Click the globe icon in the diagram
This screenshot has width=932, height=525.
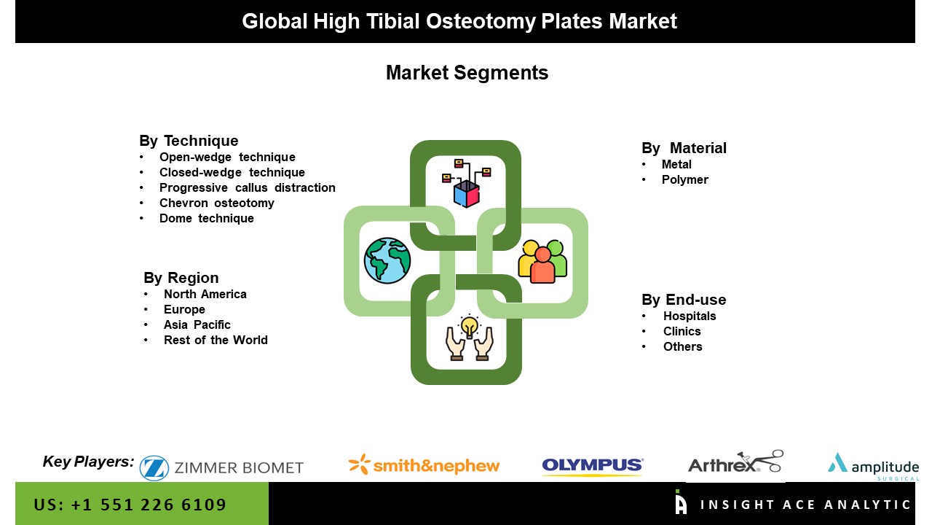click(387, 261)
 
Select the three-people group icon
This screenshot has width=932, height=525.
click(542, 261)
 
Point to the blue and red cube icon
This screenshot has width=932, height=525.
click(467, 194)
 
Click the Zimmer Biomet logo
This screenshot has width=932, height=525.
click(221, 468)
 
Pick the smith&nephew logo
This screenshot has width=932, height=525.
click(424, 465)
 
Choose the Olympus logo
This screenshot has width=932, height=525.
click(593, 465)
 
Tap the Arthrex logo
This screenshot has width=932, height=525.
click(735, 462)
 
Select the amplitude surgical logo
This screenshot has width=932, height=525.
click(873, 467)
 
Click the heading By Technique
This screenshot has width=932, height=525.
click(189, 141)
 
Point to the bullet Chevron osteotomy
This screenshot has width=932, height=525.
click(217, 203)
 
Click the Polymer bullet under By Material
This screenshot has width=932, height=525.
click(685, 179)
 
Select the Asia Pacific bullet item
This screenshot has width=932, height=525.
click(197, 324)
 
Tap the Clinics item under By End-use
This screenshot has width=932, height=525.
click(682, 331)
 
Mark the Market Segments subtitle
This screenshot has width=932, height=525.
click(467, 72)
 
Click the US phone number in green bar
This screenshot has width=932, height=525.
click(130, 505)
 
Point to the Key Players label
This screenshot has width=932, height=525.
click(88, 462)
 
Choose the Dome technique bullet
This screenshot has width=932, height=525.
click(206, 218)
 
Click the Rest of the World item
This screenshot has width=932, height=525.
click(216, 340)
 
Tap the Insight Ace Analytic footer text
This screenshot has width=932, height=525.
click(805, 505)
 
